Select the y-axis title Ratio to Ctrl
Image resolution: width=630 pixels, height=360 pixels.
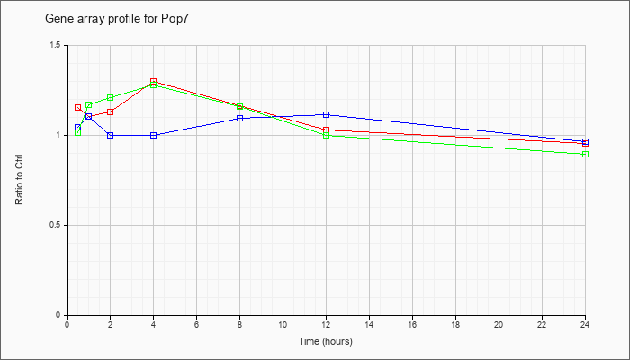coord(19,179)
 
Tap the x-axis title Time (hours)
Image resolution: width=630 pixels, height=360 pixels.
coord(326,341)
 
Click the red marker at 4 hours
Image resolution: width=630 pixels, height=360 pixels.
coord(154,82)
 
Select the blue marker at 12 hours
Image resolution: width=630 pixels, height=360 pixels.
coord(326,115)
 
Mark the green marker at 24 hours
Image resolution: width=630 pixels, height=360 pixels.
coord(585,154)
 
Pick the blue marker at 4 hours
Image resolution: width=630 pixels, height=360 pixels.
coord(154,135)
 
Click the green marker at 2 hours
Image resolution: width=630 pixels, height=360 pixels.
coord(110,97)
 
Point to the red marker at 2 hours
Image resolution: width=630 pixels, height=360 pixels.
coord(110,112)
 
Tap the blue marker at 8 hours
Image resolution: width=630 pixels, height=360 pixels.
coord(240,118)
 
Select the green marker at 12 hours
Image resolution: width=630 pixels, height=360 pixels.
coord(326,135)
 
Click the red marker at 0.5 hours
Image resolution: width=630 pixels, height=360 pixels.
coord(78,108)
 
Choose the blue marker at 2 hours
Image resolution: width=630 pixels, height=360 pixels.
coord(110,135)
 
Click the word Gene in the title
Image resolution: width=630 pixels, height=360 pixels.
coord(57,19)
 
